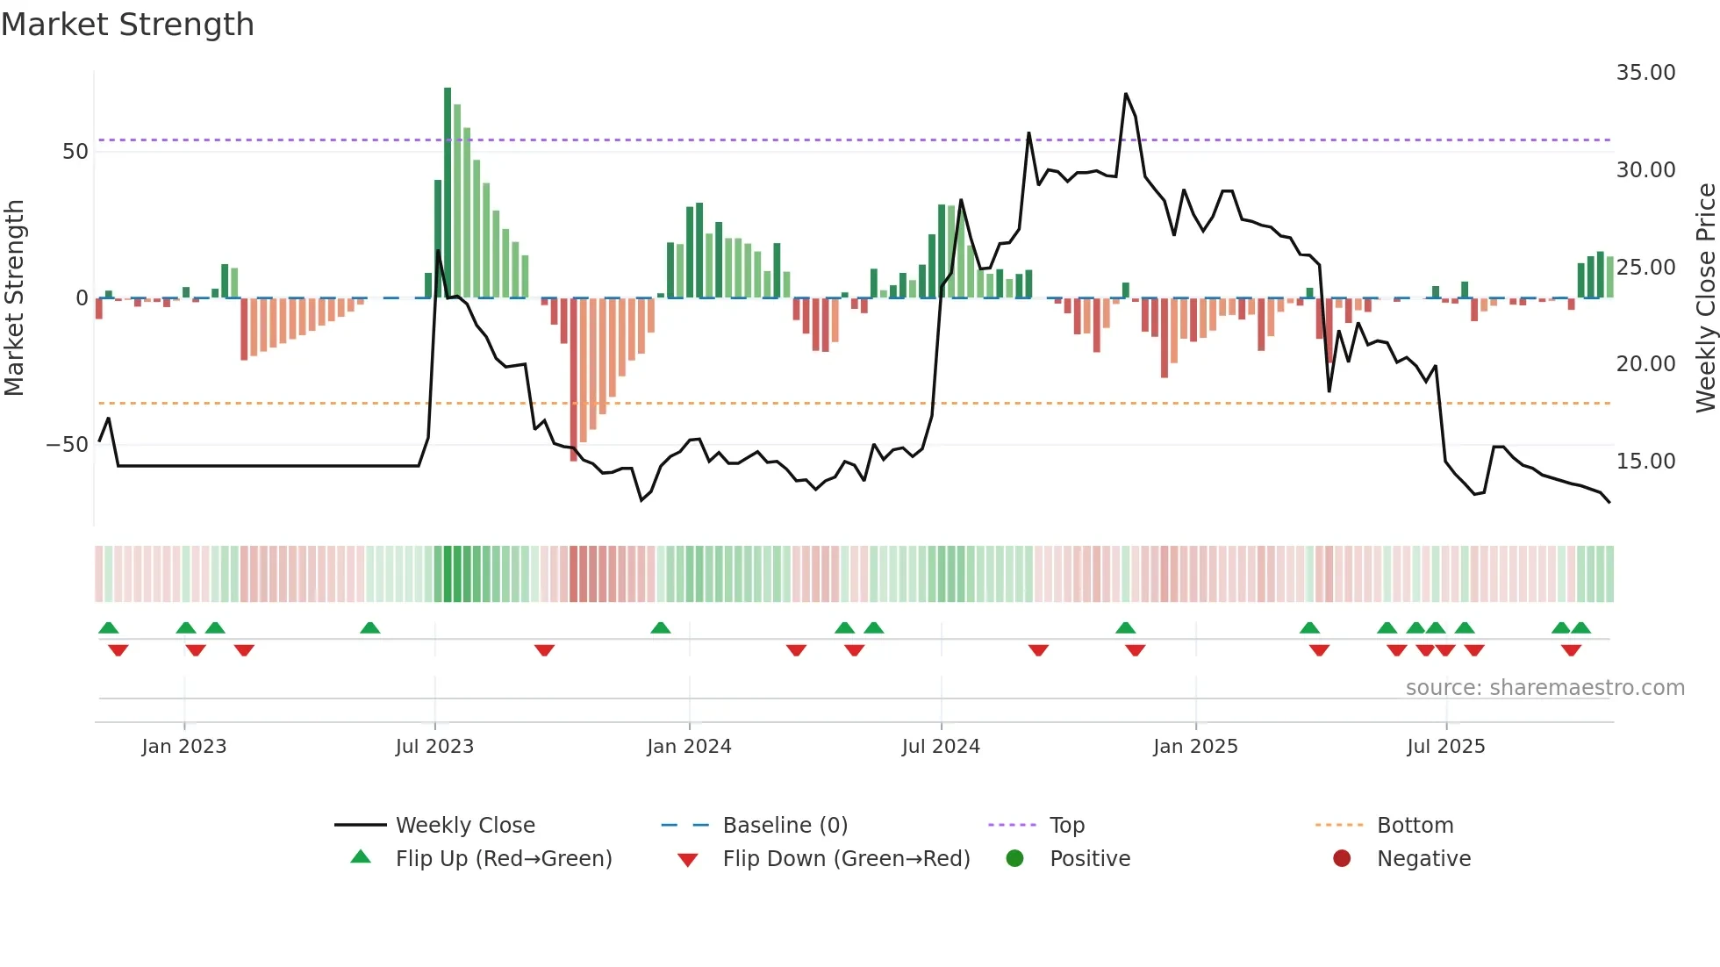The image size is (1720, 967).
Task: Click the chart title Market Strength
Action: click(x=127, y=25)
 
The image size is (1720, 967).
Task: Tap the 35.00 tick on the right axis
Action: click(x=1645, y=73)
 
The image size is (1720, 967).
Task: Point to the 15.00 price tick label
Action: click(x=1645, y=462)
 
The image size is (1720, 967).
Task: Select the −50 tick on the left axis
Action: click(x=68, y=445)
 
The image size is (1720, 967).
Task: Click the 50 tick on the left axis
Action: click(x=75, y=152)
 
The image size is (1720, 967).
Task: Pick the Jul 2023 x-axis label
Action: click(x=434, y=747)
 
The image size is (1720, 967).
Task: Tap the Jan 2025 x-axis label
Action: click(x=1195, y=747)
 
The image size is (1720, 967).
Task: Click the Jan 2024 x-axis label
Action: click(x=689, y=747)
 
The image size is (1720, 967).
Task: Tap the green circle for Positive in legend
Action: click(x=1015, y=859)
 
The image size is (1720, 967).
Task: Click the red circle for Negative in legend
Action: click(x=1342, y=859)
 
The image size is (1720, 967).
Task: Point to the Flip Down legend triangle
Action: click(x=688, y=860)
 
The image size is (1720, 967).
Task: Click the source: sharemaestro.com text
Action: click(x=1544, y=688)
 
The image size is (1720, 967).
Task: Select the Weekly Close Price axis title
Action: click(x=1705, y=298)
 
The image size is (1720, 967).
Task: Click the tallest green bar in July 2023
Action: click(x=448, y=193)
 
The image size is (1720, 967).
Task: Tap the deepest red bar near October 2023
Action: click(x=574, y=379)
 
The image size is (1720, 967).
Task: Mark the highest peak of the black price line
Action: click(x=1126, y=94)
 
